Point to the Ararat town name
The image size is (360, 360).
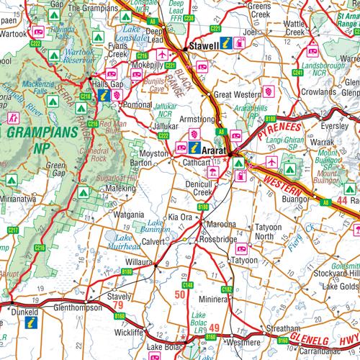[x=215, y=152]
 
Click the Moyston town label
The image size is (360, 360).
[x=153, y=154]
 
